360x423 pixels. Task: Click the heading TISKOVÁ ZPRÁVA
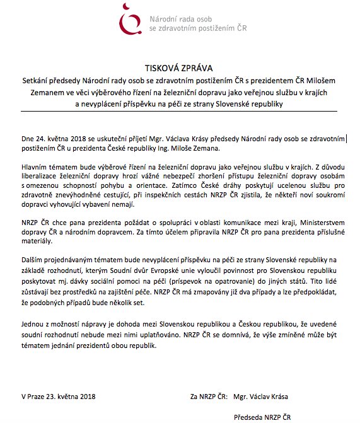[179, 68]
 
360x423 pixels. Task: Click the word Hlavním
[35, 167]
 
